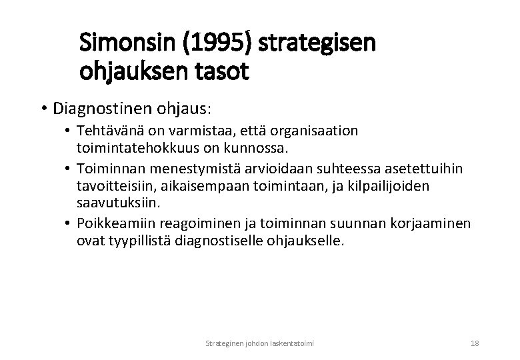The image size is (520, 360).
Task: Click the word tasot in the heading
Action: [x=227, y=71]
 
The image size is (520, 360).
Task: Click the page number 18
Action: [x=475, y=343]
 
